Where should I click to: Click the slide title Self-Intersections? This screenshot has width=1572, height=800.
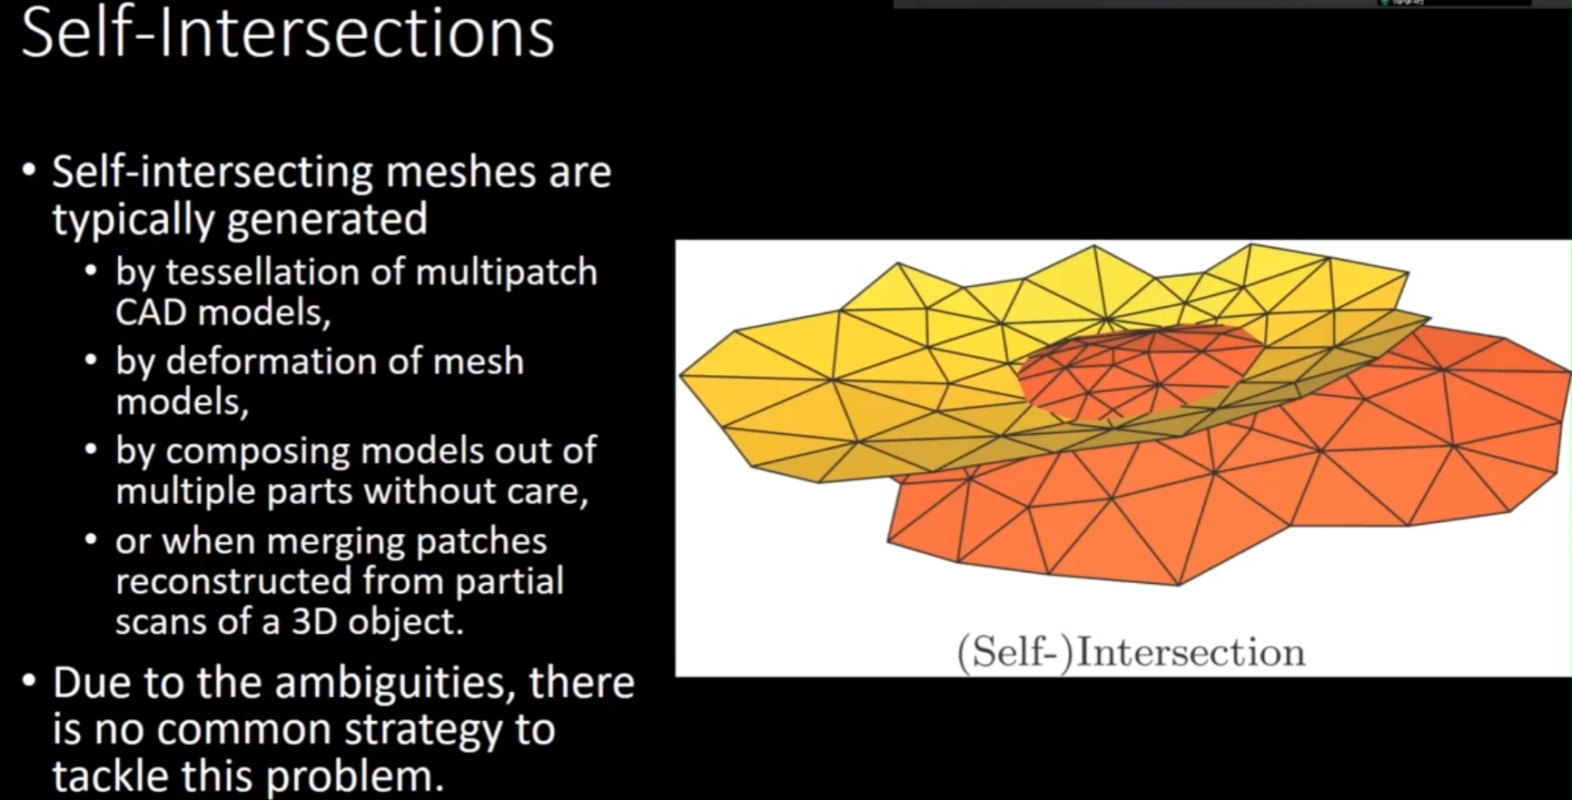(x=287, y=34)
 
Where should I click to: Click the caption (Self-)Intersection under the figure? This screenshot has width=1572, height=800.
(x=1131, y=653)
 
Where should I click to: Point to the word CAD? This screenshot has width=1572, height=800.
(x=151, y=312)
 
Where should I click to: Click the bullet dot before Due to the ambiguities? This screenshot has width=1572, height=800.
(x=31, y=681)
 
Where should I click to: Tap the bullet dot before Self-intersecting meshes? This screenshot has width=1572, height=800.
(x=31, y=171)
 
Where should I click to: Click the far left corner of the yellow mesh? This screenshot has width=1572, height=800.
(x=680, y=375)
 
